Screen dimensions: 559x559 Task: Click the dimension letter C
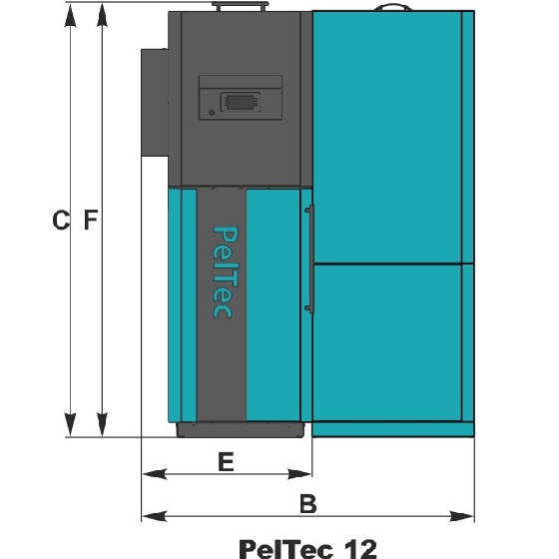pyautogui.click(x=61, y=221)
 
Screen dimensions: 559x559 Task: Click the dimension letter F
pyautogui.click(x=91, y=220)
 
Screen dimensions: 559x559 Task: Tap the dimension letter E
pyautogui.click(x=226, y=461)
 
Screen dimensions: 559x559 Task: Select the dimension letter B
pyautogui.click(x=308, y=504)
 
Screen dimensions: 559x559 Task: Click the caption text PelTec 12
pyautogui.click(x=308, y=549)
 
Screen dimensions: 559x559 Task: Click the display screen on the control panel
pyautogui.click(x=241, y=102)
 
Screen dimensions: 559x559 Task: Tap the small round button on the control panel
pyautogui.click(x=212, y=113)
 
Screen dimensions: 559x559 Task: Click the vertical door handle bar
pyautogui.click(x=310, y=260)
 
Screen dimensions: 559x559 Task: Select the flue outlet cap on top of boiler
pyautogui.click(x=240, y=6)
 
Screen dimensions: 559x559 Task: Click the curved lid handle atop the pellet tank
pyautogui.click(x=393, y=8)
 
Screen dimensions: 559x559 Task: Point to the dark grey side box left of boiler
pyautogui.click(x=155, y=103)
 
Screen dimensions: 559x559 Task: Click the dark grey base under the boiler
pyautogui.click(x=241, y=430)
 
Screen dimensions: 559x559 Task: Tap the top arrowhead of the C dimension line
pyautogui.click(x=70, y=15)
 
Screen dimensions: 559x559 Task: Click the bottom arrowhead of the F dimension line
pyautogui.click(x=102, y=424)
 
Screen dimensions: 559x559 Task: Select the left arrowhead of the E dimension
pyautogui.click(x=155, y=474)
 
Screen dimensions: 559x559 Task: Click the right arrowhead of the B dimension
pyautogui.click(x=461, y=516)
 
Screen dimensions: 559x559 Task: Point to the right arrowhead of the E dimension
pyautogui.click(x=299, y=474)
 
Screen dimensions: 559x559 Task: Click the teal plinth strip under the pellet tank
pyautogui.click(x=393, y=429)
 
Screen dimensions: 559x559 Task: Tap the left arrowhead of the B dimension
pyautogui.click(x=155, y=516)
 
